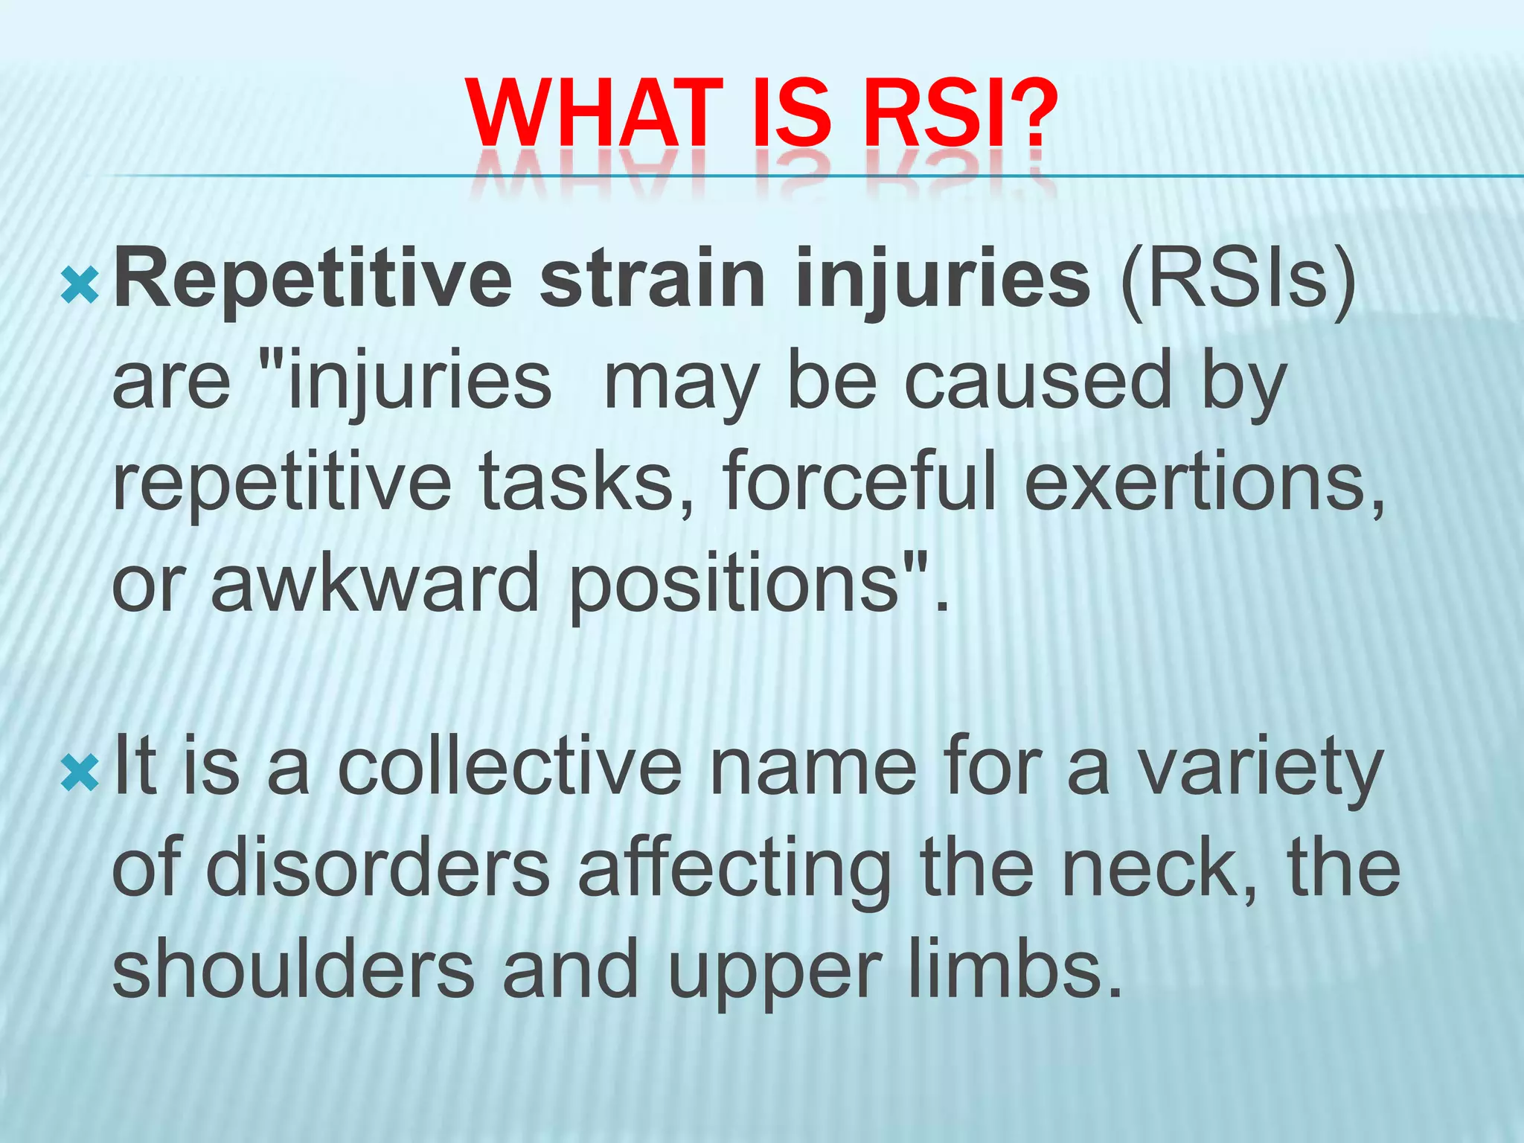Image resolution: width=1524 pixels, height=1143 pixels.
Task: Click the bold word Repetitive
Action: tap(313, 281)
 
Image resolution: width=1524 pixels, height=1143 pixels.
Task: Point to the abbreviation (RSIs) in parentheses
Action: tap(1239, 281)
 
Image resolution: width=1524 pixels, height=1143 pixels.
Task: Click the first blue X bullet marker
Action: tap(80, 286)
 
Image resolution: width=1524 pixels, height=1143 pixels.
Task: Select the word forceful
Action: tap(859, 482)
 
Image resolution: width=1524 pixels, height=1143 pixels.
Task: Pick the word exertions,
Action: tap(1206, 482)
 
